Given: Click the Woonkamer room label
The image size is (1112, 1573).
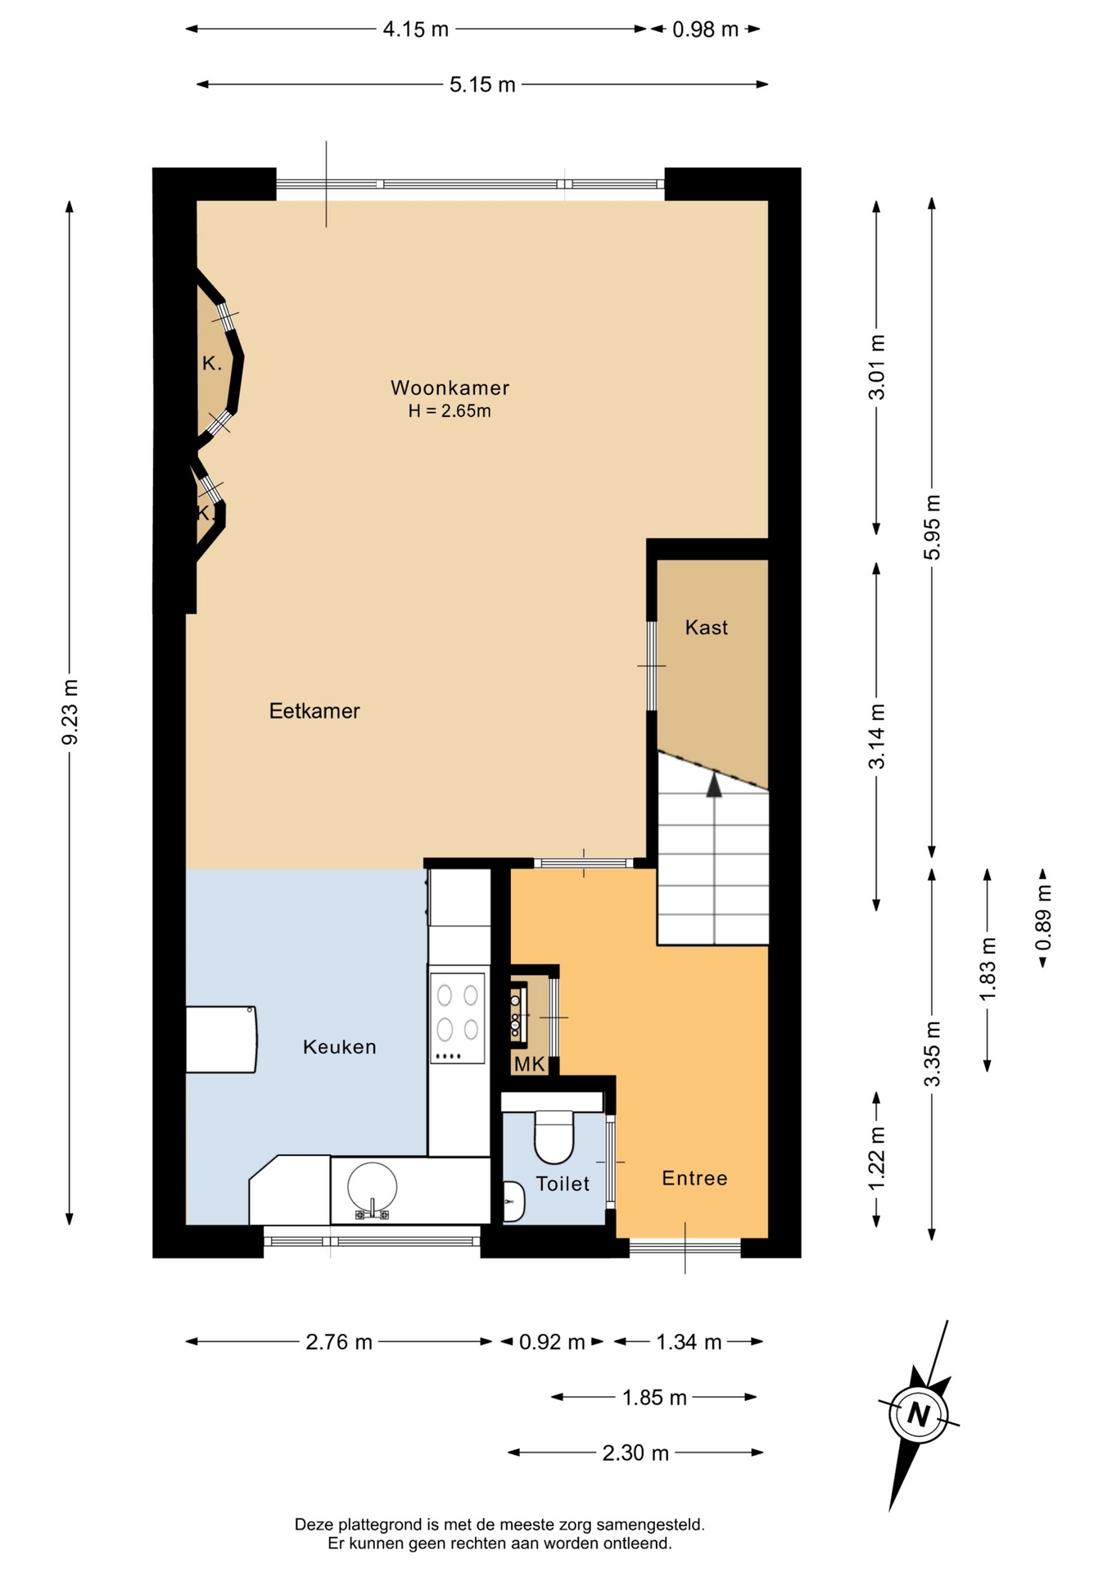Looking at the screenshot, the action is (x=450, y=388).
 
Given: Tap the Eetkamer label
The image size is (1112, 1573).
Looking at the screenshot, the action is (x=314, y=711).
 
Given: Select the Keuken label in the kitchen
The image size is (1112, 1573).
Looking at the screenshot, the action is (x=340, y=1047).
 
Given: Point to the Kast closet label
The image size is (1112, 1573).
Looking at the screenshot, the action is (x=707, y=628).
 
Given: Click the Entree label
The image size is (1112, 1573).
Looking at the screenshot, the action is (x=694, y=1178).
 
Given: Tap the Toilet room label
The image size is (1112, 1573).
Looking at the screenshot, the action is (x=563, y=1184).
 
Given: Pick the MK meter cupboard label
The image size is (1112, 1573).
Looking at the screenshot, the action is (x=529, y=1064).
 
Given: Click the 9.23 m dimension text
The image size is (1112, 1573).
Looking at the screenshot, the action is (x=70, y=712).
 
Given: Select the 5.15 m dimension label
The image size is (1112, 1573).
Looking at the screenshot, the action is (x=482, y=84).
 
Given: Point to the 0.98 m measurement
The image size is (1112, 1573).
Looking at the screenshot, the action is (x=705, y=29).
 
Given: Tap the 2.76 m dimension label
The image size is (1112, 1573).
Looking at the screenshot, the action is (x=339, y=1342).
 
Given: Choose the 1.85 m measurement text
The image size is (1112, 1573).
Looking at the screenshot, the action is (x=654, y=1398).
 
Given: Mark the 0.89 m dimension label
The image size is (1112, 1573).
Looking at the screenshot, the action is (x=1043, y=918).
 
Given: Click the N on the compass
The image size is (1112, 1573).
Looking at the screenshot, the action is (x=918, y=1415).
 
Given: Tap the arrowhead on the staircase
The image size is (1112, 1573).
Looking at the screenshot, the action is (x=714, y=785).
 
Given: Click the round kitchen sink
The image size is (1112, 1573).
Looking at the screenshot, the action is (x=372, y=1187).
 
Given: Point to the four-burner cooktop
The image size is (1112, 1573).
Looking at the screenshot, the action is (x=457, y=1018).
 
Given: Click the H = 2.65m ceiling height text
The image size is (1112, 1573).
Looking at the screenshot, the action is (x=450, y=411).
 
